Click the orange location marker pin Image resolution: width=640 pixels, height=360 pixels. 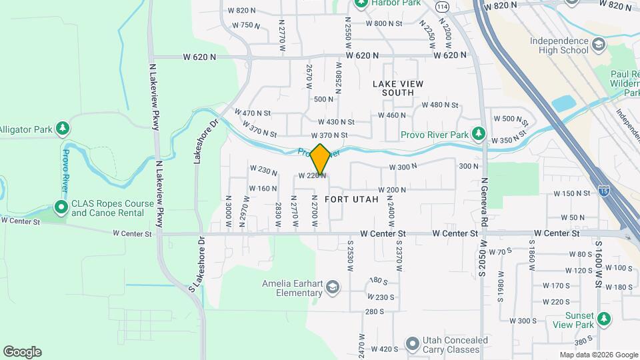(321, 159)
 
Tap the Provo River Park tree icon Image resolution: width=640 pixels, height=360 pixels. (478, 135)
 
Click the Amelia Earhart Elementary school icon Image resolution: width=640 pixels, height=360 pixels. (332, 287)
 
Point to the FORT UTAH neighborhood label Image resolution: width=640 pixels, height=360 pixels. (351, 199)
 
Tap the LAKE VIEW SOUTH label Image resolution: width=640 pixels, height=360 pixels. (397, 88)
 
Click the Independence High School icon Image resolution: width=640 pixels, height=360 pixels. (599, 45)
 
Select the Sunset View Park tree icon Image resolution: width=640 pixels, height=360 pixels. (604, 319)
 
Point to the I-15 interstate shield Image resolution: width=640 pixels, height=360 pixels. (604, 190)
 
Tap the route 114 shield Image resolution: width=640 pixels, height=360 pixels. (442, 6)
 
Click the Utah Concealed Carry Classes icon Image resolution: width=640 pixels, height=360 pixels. (411, 345)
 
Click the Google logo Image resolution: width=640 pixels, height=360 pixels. (22, 352)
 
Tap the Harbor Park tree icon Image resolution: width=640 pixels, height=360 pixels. (361, 3)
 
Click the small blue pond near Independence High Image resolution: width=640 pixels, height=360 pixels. (564, 103)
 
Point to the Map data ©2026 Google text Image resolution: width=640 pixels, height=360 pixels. (598, 355)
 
